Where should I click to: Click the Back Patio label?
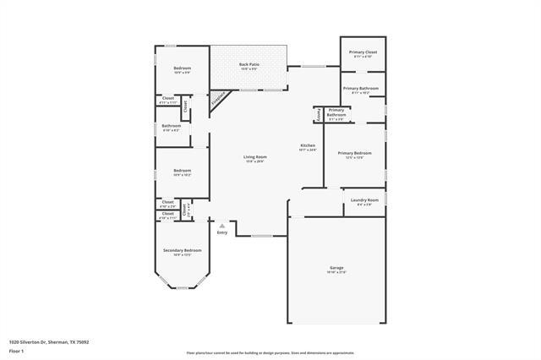coord(248,64)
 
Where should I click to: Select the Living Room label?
coord(255,156)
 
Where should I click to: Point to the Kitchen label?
coord(308,145)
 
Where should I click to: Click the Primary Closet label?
coord(362,52)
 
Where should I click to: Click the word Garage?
coord(336,268)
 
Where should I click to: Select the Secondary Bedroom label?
coord(182,250)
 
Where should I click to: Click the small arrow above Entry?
coord(222,226)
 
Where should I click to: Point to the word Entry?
coord(222,232)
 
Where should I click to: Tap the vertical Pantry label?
coord(318,113)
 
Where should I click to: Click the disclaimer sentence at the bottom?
coord(270,353)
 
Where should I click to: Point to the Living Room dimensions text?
coord(255,161)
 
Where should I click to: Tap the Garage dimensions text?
coord(336,273)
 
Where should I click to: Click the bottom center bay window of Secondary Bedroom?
coord(181,289)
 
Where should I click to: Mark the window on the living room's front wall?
coord(262,236)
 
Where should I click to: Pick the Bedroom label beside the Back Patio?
coord(182,68)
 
